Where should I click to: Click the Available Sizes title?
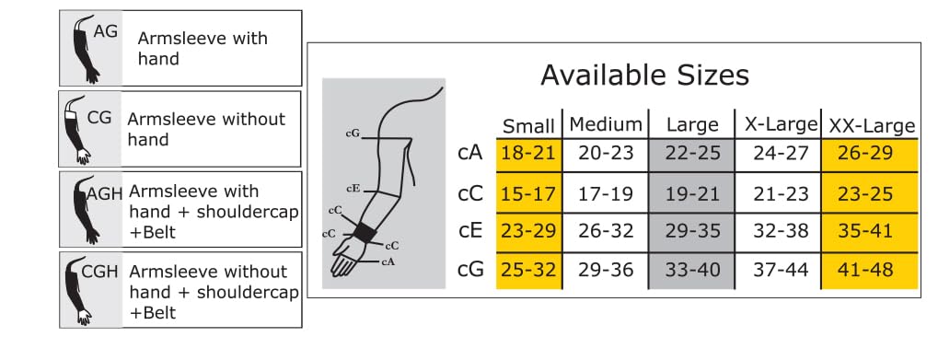pyautogui.click(x=644, y=75)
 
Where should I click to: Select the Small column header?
pyautogui.click(x=528, y=126)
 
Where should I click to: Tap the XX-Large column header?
pyautogui.click(x=872, y=125)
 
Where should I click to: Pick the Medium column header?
pyautogui.click(x=606, y=124)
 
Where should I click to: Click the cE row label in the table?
pyautogui.click(x=469, y=231)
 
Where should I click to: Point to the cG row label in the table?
pyautogui.click(x=470, y=269)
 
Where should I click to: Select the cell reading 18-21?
pyautogui.click(x=528, y=153)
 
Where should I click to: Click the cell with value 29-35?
pyautogui.click(x=692, y=231)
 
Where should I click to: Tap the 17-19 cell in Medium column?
pyautogui.click(x=606, y=193)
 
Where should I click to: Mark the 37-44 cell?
pyautogui.click(x=780, y=269)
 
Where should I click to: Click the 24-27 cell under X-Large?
pyautogui.click(x=780, y=153)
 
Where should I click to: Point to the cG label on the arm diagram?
pyautogui.click(x=353, y=133)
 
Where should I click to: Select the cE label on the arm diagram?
pyautogui.click(x=353, y=188)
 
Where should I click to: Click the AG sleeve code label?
pyautogui.click(x=105, y=30)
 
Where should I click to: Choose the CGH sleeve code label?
pyautogui.click(x=99, y=273)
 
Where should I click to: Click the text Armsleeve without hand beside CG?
pyautogui.click(x=206, y=129)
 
